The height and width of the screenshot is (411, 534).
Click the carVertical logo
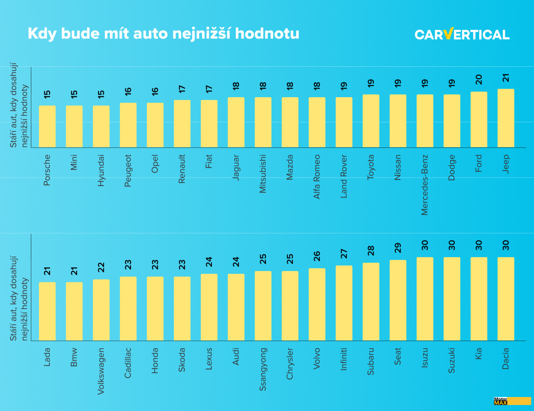coord(462,34)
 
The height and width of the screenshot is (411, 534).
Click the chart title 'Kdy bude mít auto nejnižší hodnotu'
coord(163,34)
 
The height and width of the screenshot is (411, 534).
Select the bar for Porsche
coord(47,126)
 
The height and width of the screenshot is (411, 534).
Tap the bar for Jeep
coord(506,118)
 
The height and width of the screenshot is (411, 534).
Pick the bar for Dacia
coord(506,299)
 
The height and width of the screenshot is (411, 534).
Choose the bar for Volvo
coord(317,304)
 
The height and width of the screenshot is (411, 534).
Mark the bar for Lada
coord(47,311)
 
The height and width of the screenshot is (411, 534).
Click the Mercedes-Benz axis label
coord(425,185)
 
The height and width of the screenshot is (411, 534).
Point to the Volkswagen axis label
coord(101,371)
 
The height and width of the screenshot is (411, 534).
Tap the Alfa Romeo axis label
coord(317,177)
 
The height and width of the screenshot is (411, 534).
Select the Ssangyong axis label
coord(263,369)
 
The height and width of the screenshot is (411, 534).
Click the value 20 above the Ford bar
coord(479,79)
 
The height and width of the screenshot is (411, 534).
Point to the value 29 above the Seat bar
coord(398,248)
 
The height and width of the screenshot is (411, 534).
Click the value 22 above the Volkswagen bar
coord(101,267)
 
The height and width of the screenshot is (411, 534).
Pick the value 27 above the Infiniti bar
coord(344,253)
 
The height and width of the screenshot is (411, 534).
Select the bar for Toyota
coord(371,121)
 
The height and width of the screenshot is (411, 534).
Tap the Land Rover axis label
coord(344,176)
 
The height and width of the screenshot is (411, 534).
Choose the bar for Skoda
coord(182,308)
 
